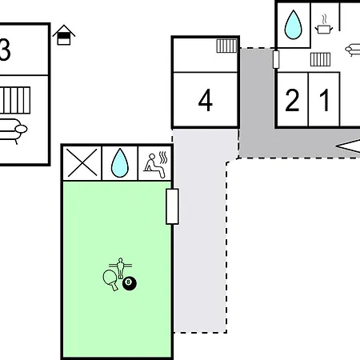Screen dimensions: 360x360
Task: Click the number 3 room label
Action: point(5,50)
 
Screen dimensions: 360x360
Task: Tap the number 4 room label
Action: point(206,100)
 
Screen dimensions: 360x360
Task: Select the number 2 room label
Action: point(292,100)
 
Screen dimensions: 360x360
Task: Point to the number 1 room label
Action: point(324,100)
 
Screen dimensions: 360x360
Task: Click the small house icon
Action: point(64,35)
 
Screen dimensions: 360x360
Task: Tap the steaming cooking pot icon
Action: point(324,25)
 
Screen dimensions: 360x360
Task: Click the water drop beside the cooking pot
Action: point(294,25)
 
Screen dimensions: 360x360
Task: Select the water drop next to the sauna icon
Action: point(120,162)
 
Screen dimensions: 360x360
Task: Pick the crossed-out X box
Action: point(82,162)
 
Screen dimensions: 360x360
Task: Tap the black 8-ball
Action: point(130,283)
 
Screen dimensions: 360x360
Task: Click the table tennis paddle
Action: point(110,279)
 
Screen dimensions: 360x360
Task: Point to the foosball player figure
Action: point(121,267)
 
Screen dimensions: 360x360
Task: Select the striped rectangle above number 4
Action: point(226,46)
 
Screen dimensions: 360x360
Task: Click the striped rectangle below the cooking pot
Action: point(320,59)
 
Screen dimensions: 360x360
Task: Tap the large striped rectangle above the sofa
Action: point(15,100)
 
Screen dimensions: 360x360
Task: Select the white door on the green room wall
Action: point(172,206)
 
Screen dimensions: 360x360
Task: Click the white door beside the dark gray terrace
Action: point(276,59)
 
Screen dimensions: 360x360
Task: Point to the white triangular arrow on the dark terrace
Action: point(350,146)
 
